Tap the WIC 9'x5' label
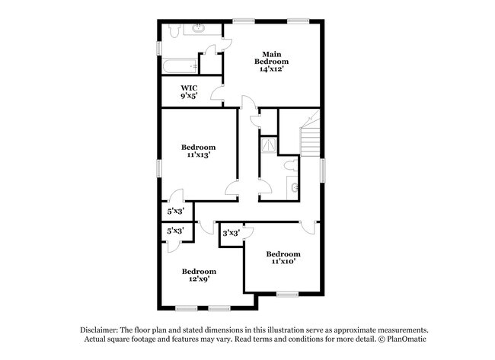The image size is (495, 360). pyautogui.click(x=190, y=92)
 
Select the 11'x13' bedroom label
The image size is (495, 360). pyautogui.click(x=198, y=151)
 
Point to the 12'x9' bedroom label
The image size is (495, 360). pyautogui.click(x=198, y=275)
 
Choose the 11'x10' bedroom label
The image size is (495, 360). pyautogui.click(x=283, y=257)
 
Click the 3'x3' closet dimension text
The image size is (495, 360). pyautogui.click(x=231, y=233)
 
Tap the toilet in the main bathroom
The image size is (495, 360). pyautogui.click(x=174, y=30)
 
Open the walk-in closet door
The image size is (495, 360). pyautogui.click(x=216, y=94)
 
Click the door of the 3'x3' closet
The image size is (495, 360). pyautogui.click(x=246, y=237)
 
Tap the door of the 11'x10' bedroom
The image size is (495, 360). pyautogui.click(x=308, y=227)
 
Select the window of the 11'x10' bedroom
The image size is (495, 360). pyautogui.click(x=287, y=294)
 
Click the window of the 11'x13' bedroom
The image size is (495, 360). pyautogui.click(x=159, y=168)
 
